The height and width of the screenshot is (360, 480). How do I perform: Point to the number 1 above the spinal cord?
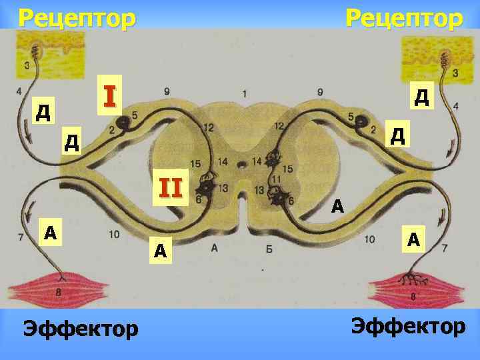pyautogui.click(x=245, y=93)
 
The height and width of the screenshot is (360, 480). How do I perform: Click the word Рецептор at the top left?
pyautogui.click(x=76, y=17)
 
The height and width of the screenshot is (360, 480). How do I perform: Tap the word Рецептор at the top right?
pyautogui.click(x=403, y=17)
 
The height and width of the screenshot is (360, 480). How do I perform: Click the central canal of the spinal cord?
pyautogui.click(x=243, y=163)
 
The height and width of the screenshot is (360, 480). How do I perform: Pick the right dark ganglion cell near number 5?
pyautogui.click(x=361, y=121)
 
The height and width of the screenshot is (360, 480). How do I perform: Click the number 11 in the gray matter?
pyautogui.click(x=273, y=179)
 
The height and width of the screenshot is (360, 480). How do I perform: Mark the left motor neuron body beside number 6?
pyautogui.click(x=207, y=189)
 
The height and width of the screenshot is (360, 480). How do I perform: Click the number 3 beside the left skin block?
pyautogui.click(x=26, y=65)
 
